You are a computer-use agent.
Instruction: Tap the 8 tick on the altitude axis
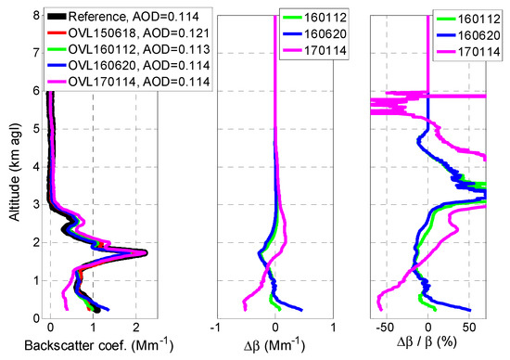33,14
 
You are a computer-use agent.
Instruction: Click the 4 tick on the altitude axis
33,166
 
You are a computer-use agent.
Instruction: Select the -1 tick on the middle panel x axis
215,328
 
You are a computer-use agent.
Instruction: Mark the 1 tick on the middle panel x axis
334,328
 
